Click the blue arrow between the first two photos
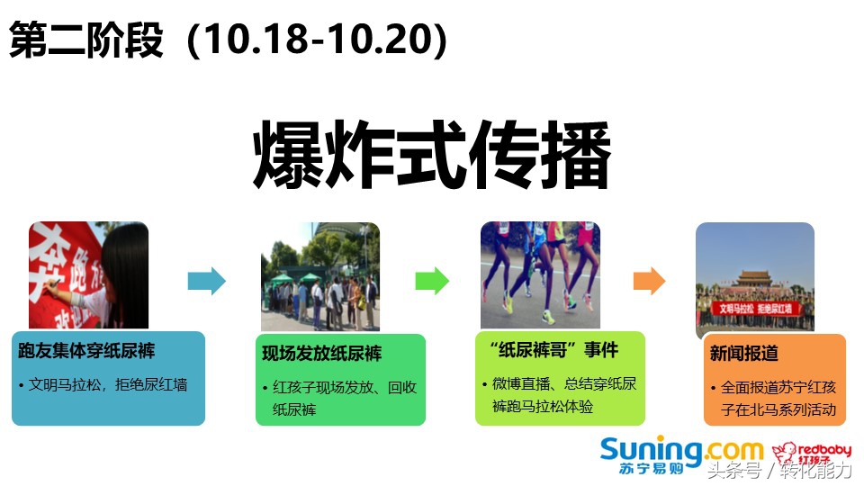(x=206, y=281)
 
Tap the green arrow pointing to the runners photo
(x=432, y=281)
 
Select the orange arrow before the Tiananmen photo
(x=648, y=281)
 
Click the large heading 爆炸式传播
(x=432, y=155)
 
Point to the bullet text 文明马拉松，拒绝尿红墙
(x=108, y=384)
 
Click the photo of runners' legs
(x=540, y=274)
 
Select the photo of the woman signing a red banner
(x=88, y=274)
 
